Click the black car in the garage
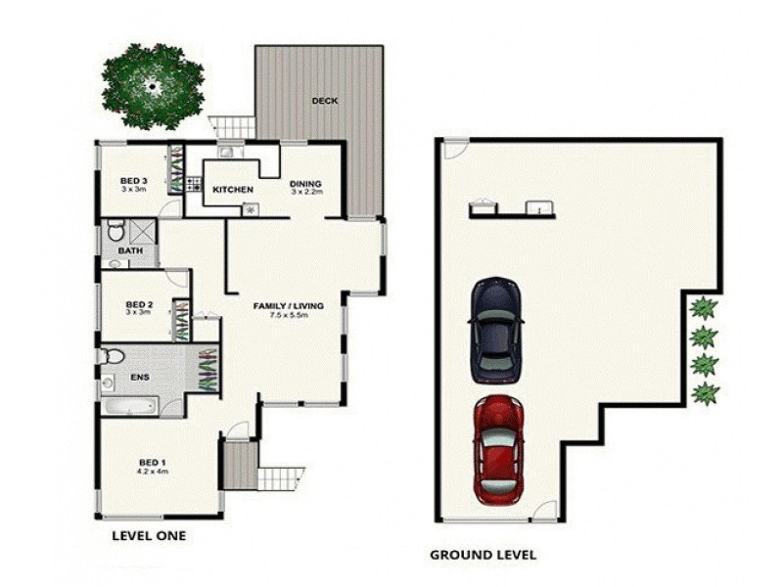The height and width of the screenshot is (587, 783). pos(496,330)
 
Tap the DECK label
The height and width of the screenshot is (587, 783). pos(325,101)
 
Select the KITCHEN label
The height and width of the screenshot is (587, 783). pos(233,189)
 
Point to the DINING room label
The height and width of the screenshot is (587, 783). pos(305,184)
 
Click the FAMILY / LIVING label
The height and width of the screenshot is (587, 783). pos(281,306)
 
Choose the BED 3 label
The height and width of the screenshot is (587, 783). pos(134,180)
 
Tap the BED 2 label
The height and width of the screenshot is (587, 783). pos(139,304)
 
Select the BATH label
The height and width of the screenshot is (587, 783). pos(131,251)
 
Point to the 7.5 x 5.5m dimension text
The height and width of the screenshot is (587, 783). pos(282,317)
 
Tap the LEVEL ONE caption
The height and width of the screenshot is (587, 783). pos(149,535)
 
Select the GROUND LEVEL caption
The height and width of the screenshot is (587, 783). pos(483,554)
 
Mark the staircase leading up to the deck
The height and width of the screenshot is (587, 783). pos(233,126)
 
